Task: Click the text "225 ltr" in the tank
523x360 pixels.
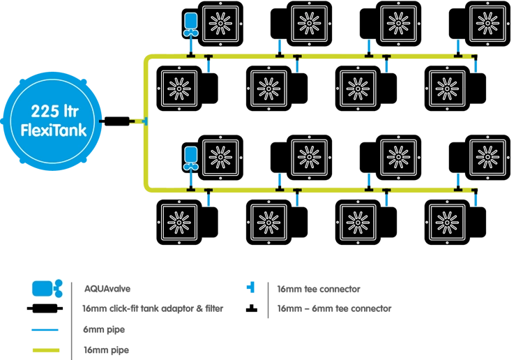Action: point(54,112)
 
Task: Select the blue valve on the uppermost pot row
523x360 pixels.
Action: point(190,24)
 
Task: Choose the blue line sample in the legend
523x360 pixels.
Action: point(45,329)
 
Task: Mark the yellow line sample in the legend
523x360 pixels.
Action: point(45,350)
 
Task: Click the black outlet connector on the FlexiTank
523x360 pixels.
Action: point(103,122)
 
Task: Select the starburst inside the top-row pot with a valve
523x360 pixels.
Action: point(221,24)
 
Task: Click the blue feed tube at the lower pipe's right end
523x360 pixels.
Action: point(476,198)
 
